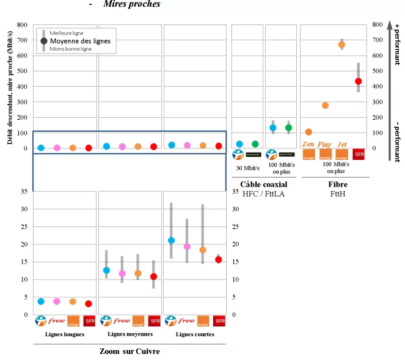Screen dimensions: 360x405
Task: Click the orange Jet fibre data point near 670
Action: click(x=341, y=45)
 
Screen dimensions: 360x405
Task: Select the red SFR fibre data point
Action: click(x=358, y=81)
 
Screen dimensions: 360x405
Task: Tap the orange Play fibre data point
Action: click(x=325, y=106)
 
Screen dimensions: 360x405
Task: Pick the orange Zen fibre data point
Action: click(x=308, y=132)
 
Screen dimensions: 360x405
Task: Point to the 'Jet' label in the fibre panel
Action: click(x=342, y=143)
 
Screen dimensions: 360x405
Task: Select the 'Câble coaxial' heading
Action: click(x=265, y=184)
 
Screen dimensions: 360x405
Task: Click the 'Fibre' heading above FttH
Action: click(x=334, y=184)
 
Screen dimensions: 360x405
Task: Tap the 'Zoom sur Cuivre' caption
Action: click(x=130, y=351)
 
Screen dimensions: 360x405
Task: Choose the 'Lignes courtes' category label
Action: click(x=195, y=334)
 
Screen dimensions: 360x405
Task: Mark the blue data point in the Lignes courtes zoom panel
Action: click(x=171, y=240)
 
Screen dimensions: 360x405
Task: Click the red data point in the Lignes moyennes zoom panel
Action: click(x=153, y=276)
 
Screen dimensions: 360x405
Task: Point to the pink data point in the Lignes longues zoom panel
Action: click(x=57, y=301)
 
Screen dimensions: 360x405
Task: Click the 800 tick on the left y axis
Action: click(x=22, y=25)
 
